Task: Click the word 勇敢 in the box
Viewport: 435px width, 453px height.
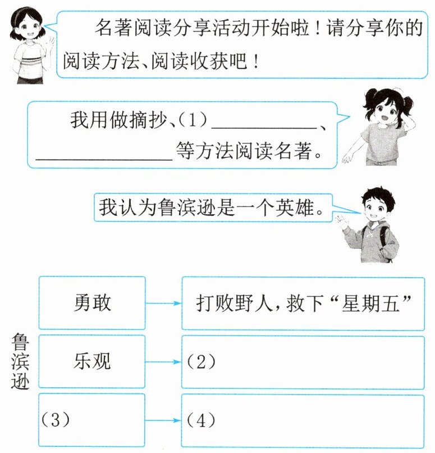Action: click(92, 303)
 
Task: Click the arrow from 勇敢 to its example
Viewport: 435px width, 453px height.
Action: click(163, 303)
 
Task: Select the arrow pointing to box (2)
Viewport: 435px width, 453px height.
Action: click(163, 362)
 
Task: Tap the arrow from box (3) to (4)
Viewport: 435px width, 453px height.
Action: click(163, 420)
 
